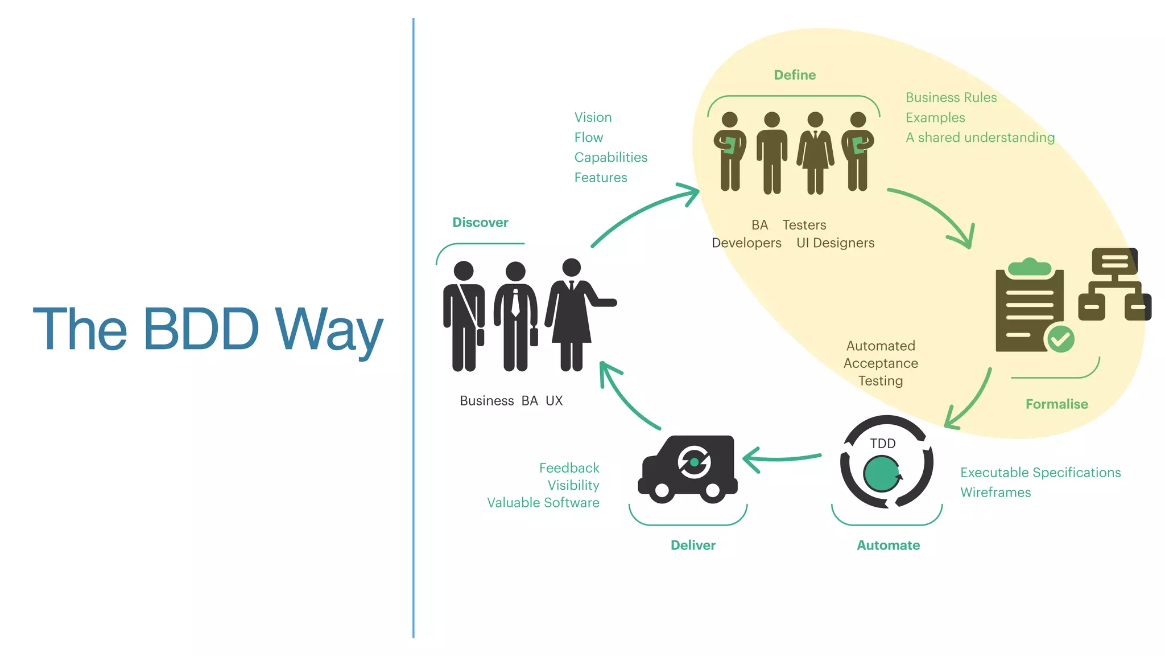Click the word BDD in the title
pyautogui.click(x=201, y=329)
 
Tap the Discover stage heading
pyautogui.click(x=480, y=223)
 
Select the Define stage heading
pyautogui.click(x=795, y=75)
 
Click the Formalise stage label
pyautogui.click(x=1056, y=404)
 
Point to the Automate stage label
pyautogui.click(x=888, y=546)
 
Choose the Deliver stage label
pyautogui.click(x=693, y=546)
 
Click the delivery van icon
pyautogui.click(x=688, y=469)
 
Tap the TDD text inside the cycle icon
pyautogui.click(x=882, y=444)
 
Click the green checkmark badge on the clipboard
pyautogui.click(x=1060, y=339)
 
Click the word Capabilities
pyautogui.click(x=610, y=158)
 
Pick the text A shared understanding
pyautogui.click(x=980, y=138)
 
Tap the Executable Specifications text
pyautogui.click(x=1040, y=473)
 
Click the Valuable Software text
pyautogui.click(x=543, y=503)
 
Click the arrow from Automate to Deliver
pyautogui.click(x=782, y=458)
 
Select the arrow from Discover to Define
pyautogui.click(x=643, y=214)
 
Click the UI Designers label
pyautogui.click(x=835, y=243)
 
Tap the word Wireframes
pyautogui.click(x=995, y=493)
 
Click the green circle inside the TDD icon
pyautogui.click(x=881, y=474)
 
